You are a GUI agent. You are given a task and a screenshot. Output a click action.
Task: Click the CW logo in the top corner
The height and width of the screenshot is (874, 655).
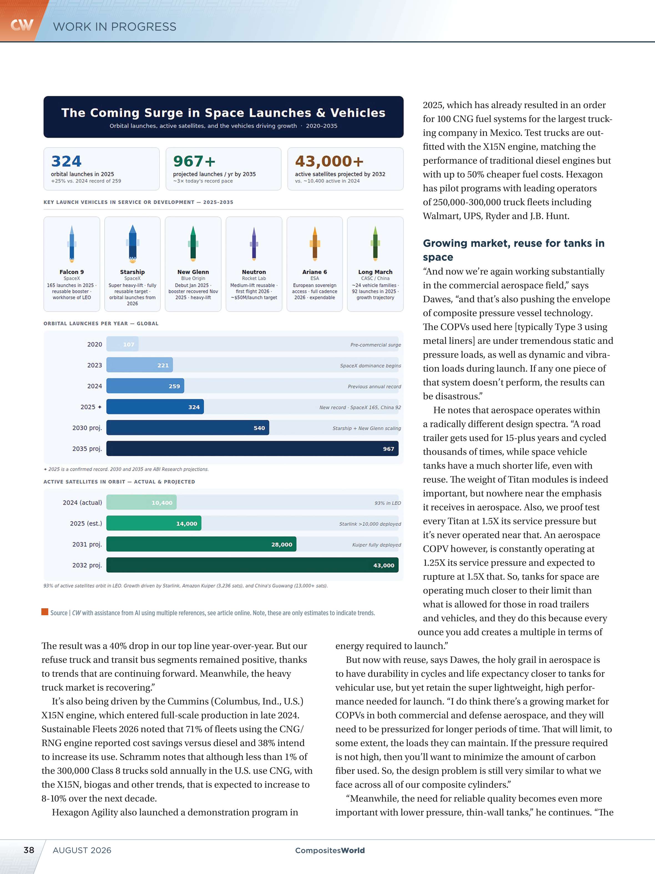click(22, 25)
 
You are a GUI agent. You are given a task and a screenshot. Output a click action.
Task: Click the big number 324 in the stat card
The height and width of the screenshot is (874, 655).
click(66, 161)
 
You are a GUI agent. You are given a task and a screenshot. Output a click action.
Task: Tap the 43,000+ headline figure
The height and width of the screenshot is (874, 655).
click(329, 161)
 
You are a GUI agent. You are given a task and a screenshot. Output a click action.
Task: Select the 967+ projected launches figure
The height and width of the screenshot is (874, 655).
click(194, 161)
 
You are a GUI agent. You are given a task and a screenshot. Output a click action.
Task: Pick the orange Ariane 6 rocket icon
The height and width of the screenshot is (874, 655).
click(315, 243)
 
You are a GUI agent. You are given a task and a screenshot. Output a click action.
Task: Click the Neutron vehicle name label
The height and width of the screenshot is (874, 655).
click(254, 272)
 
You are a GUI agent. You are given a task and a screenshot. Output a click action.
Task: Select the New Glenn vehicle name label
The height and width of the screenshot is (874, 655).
click(193, 272)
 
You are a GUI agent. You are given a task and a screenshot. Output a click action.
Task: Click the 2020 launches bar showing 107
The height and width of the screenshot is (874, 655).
click(123, 344)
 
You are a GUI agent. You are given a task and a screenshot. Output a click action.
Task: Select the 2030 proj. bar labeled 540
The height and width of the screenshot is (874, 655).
click(188, 428)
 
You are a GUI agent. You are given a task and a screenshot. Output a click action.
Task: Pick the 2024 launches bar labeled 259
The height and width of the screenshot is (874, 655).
click(145, 386)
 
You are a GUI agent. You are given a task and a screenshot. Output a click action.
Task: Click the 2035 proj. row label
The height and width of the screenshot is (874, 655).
click(87, 449)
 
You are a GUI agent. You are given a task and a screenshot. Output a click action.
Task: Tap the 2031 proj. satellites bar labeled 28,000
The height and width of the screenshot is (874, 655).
click(201, 544)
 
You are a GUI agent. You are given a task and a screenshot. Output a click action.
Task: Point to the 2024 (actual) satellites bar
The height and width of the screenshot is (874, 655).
click(141, 503)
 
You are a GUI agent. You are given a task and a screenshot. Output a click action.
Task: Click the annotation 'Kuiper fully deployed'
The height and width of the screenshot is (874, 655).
click(376, 545)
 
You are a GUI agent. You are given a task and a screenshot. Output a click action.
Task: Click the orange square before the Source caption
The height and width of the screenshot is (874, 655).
click(45, 612)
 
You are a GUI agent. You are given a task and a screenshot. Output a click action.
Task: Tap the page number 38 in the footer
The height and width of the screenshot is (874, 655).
click(29, 850)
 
